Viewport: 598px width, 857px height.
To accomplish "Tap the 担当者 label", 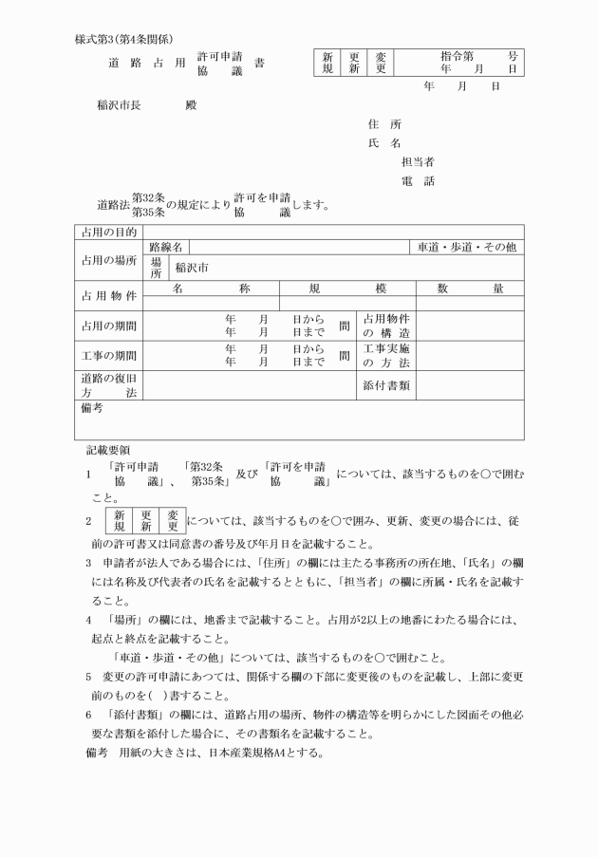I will [418, 162].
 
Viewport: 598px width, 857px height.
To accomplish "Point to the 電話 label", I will [418, 181].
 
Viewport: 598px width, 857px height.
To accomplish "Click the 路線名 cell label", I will [165, 247].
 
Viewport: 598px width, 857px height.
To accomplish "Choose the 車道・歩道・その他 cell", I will [467, 247].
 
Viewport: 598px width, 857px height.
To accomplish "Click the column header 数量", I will [470, 289].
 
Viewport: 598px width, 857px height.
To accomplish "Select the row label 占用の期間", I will [108, 326].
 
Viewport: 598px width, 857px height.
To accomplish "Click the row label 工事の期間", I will [108, 356].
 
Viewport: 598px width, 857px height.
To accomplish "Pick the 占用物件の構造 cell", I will [386, 326].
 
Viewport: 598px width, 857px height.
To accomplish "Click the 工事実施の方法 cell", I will [386, 356].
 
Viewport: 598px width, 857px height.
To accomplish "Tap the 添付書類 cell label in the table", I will [386, 386].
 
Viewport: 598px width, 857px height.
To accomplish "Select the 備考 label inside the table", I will [91, 409].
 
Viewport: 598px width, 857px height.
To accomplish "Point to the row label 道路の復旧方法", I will [108, 386].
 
